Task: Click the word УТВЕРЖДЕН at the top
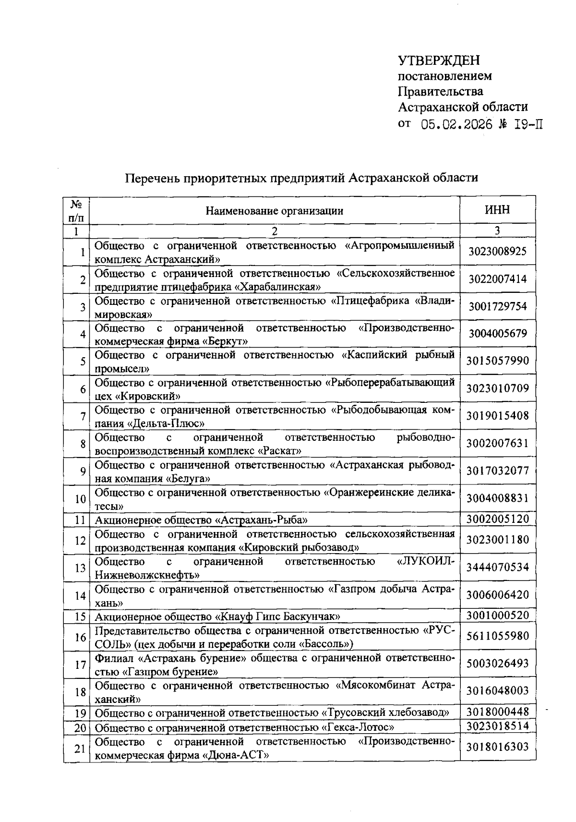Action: tap(439, 60)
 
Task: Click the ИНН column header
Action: tap(497, 210)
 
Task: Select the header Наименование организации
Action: tap(274, 210)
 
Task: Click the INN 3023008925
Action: tap(497, 251)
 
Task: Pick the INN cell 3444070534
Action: tap(497, 568)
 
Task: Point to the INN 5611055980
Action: tap(497, 636)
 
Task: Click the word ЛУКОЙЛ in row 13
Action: tap(424, 561)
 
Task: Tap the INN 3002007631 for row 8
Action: tap(497, 443)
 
